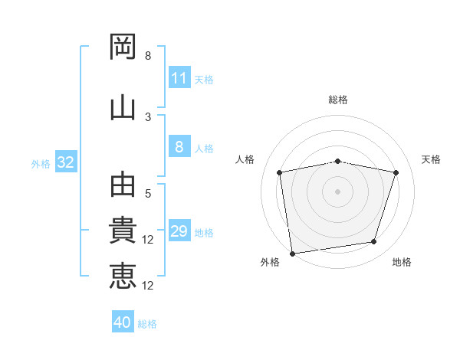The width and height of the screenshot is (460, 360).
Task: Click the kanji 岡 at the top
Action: (x=123, y=47)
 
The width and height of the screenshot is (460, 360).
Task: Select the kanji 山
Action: (x=123, y=109)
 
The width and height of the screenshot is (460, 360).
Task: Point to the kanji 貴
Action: (x=123, y=230)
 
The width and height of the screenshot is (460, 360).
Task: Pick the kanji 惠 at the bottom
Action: (x=123, y=276)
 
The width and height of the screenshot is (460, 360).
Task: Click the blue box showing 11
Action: (x=179, y=77)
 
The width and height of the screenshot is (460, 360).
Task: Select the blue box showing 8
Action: (x=179, y=146)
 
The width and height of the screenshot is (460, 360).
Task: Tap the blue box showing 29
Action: (x=179, y=230)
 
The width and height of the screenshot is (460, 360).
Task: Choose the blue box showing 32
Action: (x=66, y=162)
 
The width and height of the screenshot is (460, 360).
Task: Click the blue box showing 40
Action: (x=123, y=321)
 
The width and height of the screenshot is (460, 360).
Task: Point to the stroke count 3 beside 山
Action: (x=148, y=117)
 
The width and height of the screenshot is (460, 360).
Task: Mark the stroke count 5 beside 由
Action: (x=148, y=194)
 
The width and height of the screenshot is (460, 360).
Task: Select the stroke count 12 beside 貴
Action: (x=147, y=240)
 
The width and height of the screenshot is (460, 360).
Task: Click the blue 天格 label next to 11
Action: (x=204, y=80)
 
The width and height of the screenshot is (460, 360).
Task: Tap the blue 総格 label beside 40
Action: (x=147, y=324)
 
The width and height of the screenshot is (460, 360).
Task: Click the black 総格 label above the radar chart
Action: (x=338, y=100)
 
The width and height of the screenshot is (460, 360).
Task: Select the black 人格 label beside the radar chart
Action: (x=245, y=159)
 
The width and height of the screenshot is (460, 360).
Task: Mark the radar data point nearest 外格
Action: (x=293, y=254)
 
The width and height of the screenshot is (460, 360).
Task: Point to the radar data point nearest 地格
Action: (x=374, y=241)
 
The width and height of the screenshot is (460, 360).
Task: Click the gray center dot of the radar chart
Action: (x=337, y=191)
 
